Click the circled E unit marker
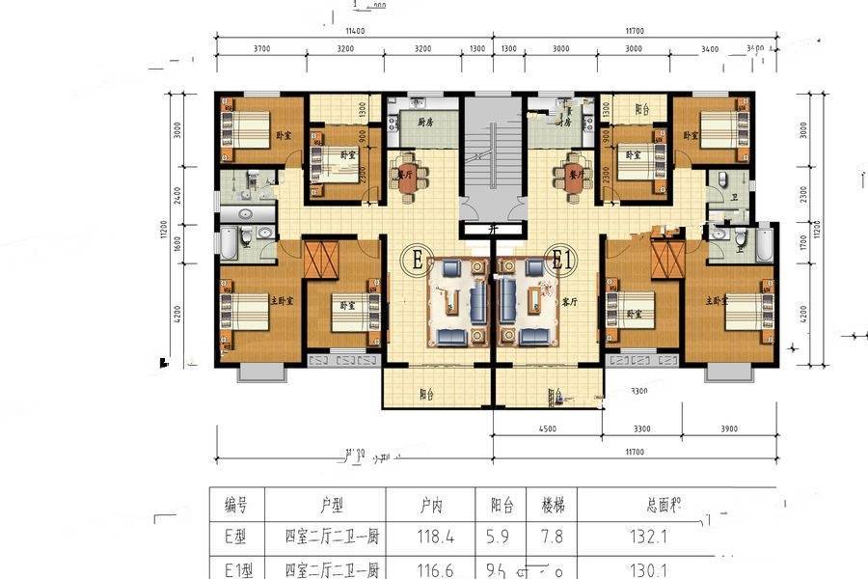[419, 260]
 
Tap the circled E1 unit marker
[561, 259]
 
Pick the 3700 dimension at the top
[260, 48]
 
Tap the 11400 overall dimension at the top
[353, 31]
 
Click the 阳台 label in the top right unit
[634, 109]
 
